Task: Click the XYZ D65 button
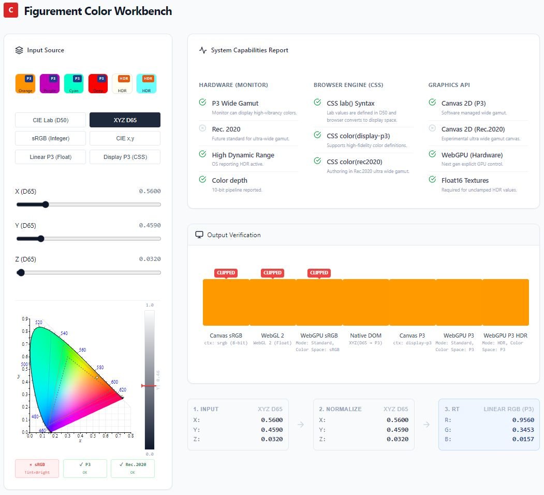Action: click(x=125, y=120)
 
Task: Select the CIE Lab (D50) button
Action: click(x=50, y=120)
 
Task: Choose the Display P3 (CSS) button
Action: click(x=125, y=157)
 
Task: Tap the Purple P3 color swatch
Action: click(x=49, y=83)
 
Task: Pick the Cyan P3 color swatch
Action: click(x=73, y=83)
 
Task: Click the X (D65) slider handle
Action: click(x=45, y=205)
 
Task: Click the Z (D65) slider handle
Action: click(x=21, y=272)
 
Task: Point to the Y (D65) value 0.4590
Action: click(x=150, y=225)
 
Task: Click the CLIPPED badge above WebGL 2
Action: click(x=272, y=273)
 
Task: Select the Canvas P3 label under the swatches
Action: click(x=411, y=336)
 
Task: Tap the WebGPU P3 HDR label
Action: click(x=505, y=336)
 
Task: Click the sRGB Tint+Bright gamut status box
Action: click(x=37, y=468)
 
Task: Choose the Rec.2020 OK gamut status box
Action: click(x=133, y=468)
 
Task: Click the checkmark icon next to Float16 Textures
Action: click(x=432, y=180)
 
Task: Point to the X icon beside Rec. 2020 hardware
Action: click(x=202, y=128)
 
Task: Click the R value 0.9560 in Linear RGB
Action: click(x=523, y=420)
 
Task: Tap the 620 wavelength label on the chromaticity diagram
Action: click(x=122, y=389)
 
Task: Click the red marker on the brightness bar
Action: click(x=149, y=386)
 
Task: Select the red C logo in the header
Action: click(x=11, y=11)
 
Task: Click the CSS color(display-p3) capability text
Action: click(x=358, y=136)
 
